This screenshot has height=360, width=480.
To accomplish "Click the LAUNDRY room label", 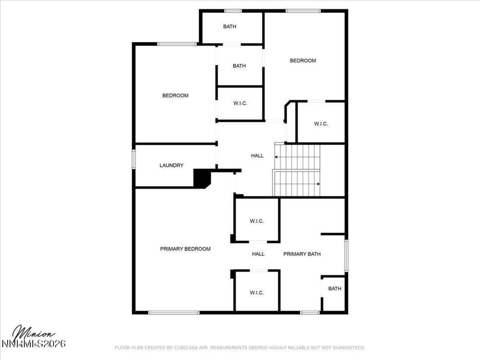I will coord(171,165).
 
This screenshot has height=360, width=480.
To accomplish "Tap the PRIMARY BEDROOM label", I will coord(185,249).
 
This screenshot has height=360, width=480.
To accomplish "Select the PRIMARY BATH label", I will coord(302,254).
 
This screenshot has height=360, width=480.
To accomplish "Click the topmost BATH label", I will coord(229,27).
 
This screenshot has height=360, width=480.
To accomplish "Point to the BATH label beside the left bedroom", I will coord(239,66).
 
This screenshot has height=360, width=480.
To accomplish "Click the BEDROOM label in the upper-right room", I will coord(303,60).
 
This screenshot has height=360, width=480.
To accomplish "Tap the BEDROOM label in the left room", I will coord(175,96).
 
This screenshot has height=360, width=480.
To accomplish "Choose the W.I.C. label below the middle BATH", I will coord(240,103).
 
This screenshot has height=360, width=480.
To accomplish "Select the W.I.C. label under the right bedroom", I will coord(321,124).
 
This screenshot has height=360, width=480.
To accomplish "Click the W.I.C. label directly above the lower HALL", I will coord(257,221).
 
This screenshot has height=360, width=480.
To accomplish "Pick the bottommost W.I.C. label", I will coord(257,292).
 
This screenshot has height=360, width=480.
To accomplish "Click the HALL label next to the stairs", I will coord(257,156).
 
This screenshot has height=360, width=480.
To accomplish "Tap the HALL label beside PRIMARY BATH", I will coord(258,254).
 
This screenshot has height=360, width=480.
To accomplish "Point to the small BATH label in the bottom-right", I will coord(334,289).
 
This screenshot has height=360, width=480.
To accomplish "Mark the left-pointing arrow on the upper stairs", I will coord(276,157).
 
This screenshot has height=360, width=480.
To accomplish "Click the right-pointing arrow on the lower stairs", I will coord(318,184).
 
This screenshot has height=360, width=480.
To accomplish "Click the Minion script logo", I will coord(34,333).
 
